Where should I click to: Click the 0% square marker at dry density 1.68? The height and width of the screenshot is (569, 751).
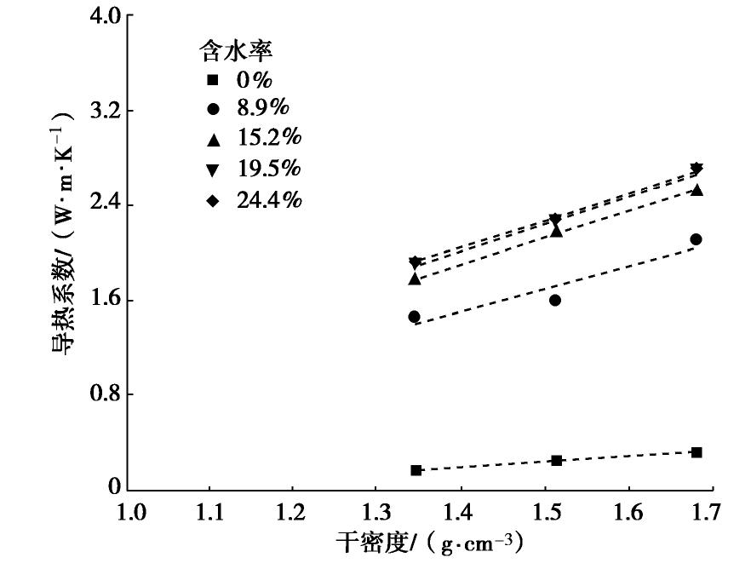[x=697, y=452]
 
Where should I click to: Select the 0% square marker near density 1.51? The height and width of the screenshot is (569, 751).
[x=556, y=461]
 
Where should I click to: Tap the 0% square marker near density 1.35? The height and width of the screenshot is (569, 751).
[x=416, y=470]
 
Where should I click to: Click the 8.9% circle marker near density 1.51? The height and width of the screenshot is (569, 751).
[x=555, y=300]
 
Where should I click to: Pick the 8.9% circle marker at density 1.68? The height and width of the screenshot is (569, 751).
[x=697, y=239]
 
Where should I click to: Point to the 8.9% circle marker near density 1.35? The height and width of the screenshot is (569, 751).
[x=415, y=316]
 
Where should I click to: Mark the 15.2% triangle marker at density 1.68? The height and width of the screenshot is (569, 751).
[x=697, y=190]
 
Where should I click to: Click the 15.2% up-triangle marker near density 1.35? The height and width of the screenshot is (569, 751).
[x=415, y=279]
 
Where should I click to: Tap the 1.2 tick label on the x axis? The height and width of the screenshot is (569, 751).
[x=292, y=513]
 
